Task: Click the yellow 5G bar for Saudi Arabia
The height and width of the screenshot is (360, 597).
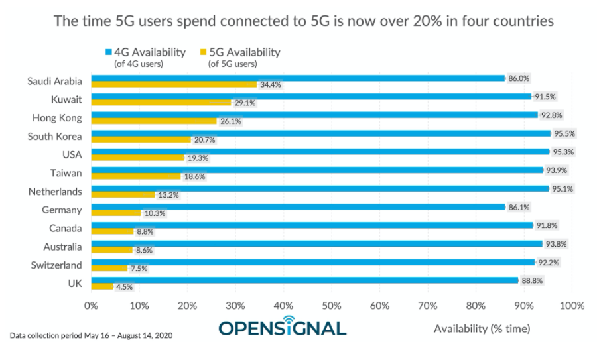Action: (174, 85)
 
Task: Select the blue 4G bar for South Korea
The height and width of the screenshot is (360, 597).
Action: (320, 133)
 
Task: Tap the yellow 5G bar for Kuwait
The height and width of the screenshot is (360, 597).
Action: (161, 103)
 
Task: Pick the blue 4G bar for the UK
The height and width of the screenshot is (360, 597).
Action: (304, 280)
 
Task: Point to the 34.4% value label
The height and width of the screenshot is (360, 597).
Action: (270, 85)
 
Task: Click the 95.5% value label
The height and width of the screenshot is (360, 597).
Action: (565, 133)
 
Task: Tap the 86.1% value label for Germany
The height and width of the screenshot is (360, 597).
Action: (519, 207)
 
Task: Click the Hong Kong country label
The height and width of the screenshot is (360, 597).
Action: (57, 118)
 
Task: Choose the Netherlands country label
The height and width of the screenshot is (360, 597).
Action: (55, 192)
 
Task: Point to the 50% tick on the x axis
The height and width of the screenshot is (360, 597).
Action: (332, 306)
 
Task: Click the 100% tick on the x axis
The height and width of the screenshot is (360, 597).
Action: (572, 306)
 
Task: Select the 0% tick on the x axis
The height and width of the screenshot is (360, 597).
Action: (91, 306)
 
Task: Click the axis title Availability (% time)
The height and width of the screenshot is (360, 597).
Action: (482, 328)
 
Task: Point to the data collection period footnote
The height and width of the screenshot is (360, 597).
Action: (92, 335)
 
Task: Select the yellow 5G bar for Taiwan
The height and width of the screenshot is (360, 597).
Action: (136, 176)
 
